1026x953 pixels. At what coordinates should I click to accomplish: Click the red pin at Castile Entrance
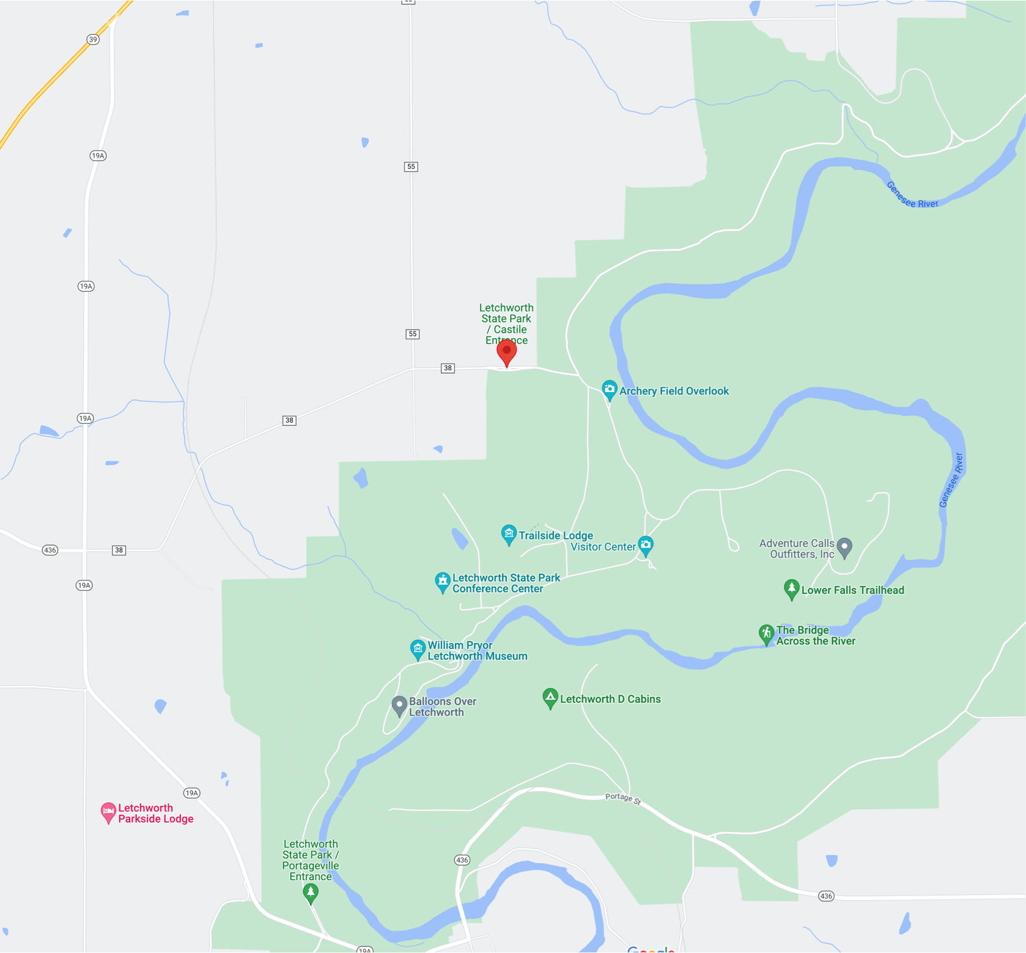[506, 351]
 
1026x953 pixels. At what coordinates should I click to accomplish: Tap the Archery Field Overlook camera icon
[609, 389]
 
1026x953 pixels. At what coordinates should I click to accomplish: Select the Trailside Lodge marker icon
[509, 534]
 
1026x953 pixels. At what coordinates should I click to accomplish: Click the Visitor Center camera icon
[646, 544]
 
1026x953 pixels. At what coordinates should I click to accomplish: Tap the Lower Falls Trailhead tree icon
[791, 588]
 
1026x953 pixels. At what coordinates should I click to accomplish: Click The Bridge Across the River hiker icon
[766, 633]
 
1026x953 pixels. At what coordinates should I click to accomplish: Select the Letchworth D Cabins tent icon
[550, 697]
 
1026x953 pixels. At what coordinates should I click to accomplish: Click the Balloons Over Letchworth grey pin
[399, 705]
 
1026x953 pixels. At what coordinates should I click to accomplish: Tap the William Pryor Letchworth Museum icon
[418, 648]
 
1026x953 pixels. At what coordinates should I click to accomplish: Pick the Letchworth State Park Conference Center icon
[443, 581]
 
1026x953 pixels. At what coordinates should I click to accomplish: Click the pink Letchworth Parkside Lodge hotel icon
[108, 812]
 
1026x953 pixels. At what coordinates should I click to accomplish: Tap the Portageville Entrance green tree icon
[311, 892]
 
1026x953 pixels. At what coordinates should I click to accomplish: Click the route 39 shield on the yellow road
[93, 40]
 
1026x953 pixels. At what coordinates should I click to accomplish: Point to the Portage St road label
[622, 798]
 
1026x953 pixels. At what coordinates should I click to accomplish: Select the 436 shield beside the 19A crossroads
[50, 550]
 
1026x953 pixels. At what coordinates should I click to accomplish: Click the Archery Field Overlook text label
[674, 391]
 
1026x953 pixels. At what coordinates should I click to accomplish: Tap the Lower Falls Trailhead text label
[852, 590]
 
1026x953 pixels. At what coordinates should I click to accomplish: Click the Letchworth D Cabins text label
[610, 699]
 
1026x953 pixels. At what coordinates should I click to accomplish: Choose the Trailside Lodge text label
[556, 536]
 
